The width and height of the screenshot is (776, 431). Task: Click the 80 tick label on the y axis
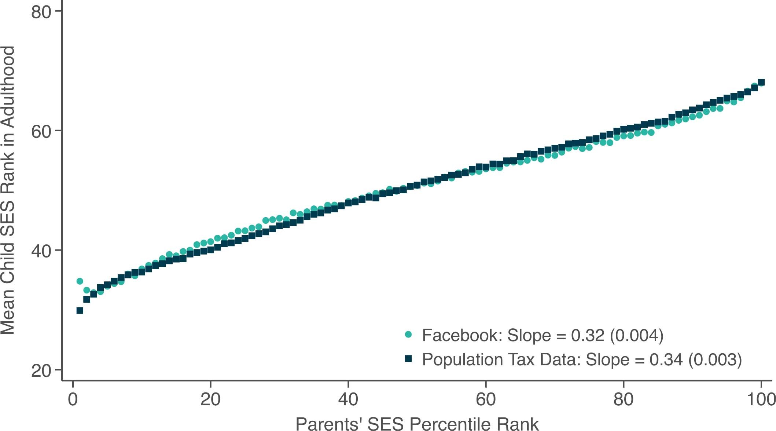click(41, 12)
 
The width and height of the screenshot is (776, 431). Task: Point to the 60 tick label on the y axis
click(41, 131)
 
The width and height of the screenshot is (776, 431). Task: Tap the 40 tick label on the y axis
click(41, 251)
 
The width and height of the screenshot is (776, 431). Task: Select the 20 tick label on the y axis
click(41, 370)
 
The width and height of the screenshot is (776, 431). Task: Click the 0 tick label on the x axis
click(73, 399)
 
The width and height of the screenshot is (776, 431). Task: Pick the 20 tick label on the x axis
click(210, 399)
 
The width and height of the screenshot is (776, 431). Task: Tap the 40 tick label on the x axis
click(348, 399)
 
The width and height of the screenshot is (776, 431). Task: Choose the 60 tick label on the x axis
click(486, 399)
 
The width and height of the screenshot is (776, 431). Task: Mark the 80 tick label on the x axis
click(623, 399)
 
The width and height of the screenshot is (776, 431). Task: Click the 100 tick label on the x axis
click(761, 399)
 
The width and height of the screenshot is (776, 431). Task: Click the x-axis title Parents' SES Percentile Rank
click(417, 424)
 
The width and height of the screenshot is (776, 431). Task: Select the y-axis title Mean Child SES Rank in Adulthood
click(8, 190)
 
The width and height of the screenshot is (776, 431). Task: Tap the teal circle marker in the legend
click(408, 335)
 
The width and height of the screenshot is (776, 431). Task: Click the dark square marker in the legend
click(408, 359)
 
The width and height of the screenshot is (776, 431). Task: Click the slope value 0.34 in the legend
click(666, 359)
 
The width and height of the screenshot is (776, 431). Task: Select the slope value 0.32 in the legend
click(587, 335)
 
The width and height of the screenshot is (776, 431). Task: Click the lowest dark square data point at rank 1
click(80, 311)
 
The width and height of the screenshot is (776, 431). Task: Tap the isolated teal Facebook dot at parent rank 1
click(80, 281)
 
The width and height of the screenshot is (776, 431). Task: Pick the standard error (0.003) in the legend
click(715, 359)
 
